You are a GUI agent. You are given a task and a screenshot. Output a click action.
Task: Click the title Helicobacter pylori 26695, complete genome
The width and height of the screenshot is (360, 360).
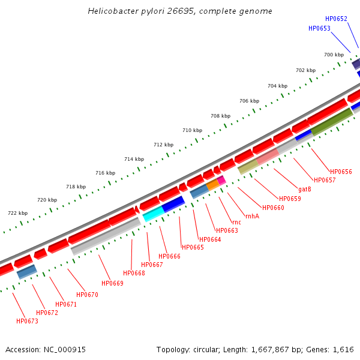click(x=180, y=11)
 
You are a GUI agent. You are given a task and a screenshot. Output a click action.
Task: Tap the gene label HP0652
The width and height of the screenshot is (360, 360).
click(x=336, y=19)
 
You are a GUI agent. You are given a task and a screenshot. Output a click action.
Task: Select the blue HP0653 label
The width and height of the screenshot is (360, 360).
click(x=319, y=28)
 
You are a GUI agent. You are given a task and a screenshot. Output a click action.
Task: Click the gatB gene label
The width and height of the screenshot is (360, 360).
click(x=304, y=190)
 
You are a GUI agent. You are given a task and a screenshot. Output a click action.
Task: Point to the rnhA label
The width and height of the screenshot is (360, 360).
click(x=252, y=216)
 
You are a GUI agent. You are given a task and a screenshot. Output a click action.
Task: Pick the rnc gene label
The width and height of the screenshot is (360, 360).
click(x=236, y=223)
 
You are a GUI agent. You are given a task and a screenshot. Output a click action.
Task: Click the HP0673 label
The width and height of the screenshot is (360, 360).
click(x=27, y=322)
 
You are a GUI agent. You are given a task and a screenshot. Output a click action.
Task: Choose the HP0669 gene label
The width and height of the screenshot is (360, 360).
click(x=112, y=283)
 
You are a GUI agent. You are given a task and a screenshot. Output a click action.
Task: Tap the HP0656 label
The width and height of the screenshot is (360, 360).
click(x=341, y=172)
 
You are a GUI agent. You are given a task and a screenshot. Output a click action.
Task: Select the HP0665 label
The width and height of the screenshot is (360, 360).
click(x=193, y=247)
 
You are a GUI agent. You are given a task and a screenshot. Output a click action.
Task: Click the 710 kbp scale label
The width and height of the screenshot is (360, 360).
click(x=192, y=130)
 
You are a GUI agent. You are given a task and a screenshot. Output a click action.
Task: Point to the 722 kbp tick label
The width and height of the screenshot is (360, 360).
click(x=17, y=213)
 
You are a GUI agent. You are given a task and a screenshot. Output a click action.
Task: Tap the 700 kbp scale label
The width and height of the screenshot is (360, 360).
click(x=334, y=55)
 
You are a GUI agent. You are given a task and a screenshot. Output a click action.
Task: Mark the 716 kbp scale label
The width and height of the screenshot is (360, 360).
click(x=105, y=173)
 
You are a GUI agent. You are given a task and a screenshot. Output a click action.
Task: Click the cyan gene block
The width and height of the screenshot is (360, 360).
click(x=154, y=213)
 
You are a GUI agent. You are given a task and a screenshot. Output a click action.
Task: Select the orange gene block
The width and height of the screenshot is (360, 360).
click(x=212, y=185)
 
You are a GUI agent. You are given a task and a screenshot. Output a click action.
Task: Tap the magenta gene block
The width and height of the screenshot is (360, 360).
click(x=221, y=180)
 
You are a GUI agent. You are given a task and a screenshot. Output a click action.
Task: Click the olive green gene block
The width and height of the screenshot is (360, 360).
click(x=331, y=121)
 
